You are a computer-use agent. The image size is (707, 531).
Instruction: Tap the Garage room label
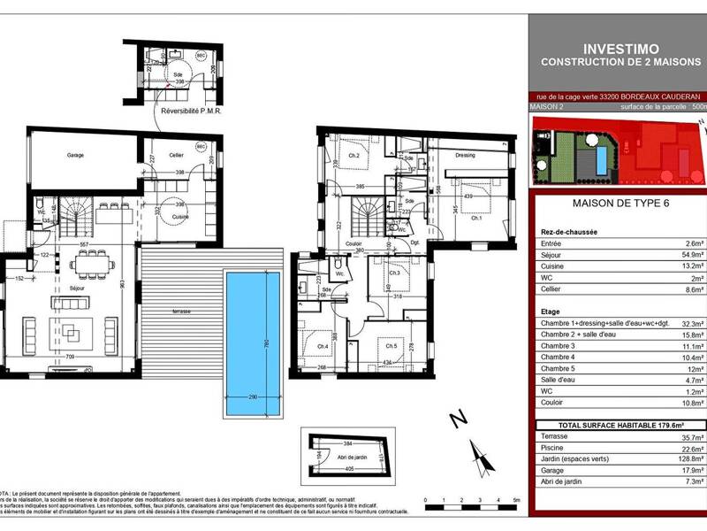[x=75, y=155]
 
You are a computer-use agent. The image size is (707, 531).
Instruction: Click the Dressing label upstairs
[x=465, y=155]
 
